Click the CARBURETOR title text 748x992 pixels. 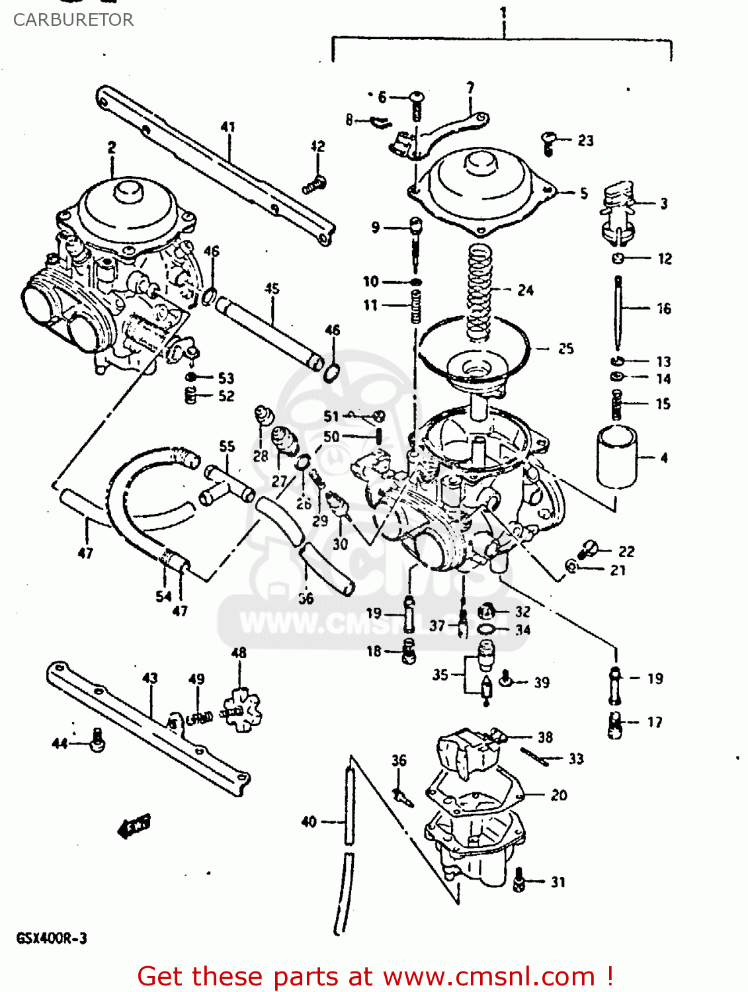73,20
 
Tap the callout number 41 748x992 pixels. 228,126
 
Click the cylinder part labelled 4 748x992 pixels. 616,457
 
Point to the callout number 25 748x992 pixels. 565,349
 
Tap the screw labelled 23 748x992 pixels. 548,142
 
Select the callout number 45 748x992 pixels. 272,288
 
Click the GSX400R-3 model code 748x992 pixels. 52,938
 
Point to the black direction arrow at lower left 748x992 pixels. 134,825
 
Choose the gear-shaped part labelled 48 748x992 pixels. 241,711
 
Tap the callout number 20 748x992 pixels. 559,795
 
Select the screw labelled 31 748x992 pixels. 519,879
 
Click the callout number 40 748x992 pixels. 309,821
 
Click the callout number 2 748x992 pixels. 112,147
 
